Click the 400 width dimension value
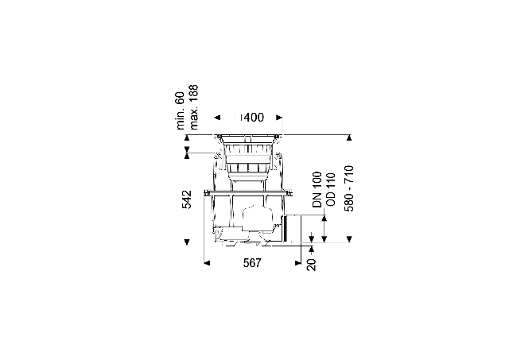point(254,118)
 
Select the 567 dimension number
point(252,263)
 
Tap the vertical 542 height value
point(187,199)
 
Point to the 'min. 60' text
point(181,111)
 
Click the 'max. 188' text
point(193,107)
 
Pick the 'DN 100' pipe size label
point(317,190)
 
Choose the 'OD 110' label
point(330,190)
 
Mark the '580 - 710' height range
point(349,189)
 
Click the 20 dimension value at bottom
point(311,265)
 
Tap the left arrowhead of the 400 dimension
point(217,118)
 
